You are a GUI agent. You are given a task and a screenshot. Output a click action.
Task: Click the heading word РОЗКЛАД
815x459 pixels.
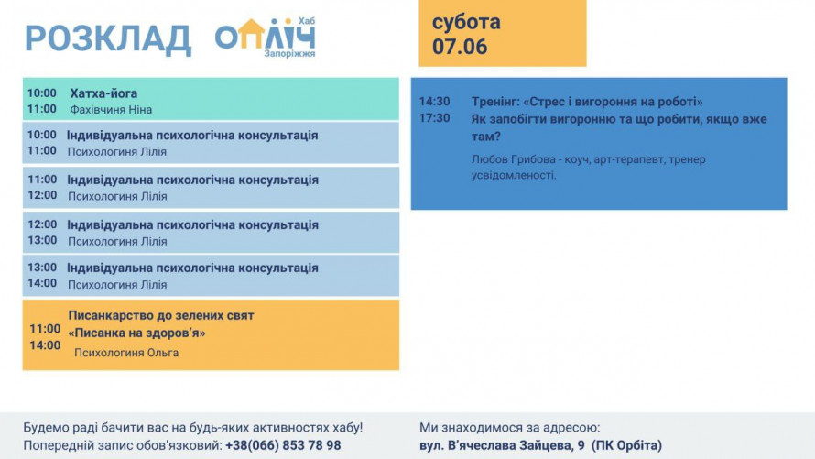(x=108, y=39)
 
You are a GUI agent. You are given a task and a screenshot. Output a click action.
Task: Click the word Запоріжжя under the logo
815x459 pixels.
(x=289, y=53)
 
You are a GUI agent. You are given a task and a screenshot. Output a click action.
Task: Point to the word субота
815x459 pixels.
(x=466, y=22)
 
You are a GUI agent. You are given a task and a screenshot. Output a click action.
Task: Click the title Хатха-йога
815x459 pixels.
(x=104, y=93)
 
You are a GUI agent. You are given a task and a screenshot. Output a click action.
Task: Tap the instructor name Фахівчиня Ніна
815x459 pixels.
(x=111, y=110)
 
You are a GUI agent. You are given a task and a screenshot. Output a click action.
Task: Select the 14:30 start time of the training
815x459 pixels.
(x=435, y=102)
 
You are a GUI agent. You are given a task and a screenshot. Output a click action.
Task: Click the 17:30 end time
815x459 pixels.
(x=435, y=118)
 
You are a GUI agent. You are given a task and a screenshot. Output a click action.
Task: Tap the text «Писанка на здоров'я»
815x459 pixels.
(x=136, y=333)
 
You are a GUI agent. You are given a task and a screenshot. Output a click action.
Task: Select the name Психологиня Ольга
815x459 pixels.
(x=126, y=353)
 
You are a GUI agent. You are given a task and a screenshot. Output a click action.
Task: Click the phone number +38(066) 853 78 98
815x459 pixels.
(x=283, y=445)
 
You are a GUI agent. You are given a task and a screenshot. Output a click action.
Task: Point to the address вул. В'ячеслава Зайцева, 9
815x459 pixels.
(x=502, y=445)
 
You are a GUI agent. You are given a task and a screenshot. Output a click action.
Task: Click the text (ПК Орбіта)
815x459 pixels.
(x=627, y=445)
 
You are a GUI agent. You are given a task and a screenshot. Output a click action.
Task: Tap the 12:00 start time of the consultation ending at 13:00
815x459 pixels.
(x=42, y=224)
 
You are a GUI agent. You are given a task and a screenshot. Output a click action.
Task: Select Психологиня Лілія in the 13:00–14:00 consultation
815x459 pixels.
(x=117, y=285)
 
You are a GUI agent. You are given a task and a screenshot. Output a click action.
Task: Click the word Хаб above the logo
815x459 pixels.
(x=307, y=21)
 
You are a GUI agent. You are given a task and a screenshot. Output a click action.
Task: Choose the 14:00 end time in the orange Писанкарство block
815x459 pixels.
(x=45, y=345)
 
